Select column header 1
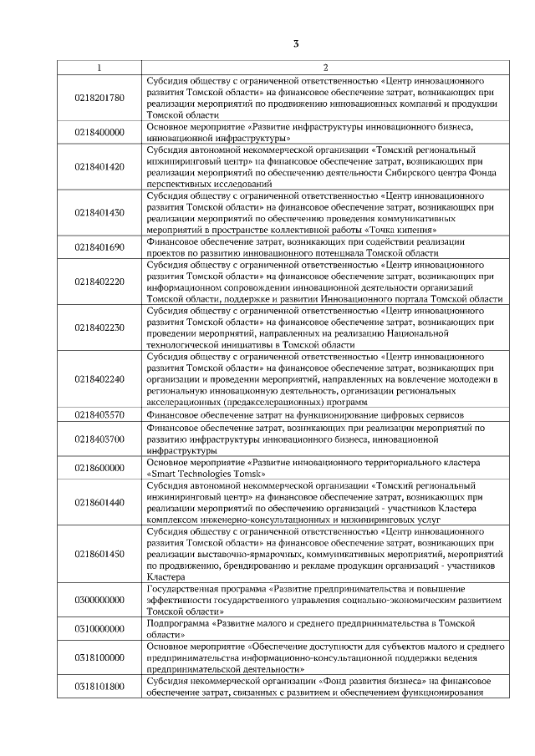(99, 68)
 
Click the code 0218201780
(99, 98)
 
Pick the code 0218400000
(99, 132)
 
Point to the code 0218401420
(99, 166)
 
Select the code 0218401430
(99, 212)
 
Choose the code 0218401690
(99, 247)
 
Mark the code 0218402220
(99, 282)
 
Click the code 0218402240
(99, 378)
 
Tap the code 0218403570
(99, 414)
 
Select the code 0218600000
(99, 467)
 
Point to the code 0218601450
(99, 553)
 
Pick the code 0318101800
(99, 686)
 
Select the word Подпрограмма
(177, 623)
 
